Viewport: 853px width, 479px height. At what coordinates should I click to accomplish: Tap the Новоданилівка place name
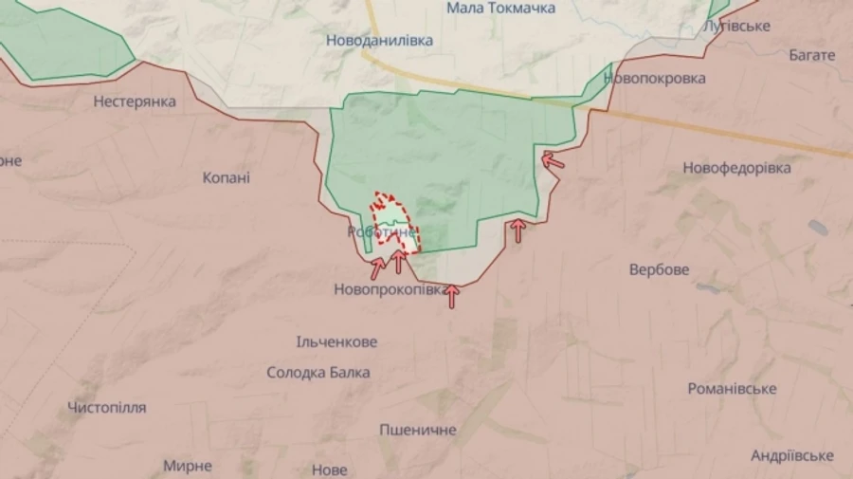coord(379,41)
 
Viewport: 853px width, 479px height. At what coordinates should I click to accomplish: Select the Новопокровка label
coord(654,79)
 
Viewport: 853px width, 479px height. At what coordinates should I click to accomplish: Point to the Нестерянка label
coord(135,101)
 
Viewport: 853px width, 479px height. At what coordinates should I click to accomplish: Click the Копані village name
coord(227,176)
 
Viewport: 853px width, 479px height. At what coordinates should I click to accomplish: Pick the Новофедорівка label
coord(736,168)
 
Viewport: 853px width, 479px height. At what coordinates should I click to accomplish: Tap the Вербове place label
coord(659,269)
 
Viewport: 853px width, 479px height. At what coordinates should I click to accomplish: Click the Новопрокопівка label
coord(389,289)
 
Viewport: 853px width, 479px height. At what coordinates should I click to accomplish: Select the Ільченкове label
coord(336,341)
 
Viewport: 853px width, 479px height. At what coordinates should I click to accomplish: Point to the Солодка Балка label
coord(318,373)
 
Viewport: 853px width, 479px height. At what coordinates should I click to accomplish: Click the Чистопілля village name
coord(107,408)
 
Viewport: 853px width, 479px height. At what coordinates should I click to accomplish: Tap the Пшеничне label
coord(417,430)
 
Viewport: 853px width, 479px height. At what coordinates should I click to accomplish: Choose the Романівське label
coord(732,389)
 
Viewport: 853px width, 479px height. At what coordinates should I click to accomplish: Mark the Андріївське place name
coord(791,455)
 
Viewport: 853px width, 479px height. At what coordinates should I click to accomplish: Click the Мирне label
coord(187,466)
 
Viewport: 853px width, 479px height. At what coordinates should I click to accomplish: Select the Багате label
coord(812,55)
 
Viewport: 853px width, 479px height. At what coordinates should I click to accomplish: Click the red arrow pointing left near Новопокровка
coord(553,160)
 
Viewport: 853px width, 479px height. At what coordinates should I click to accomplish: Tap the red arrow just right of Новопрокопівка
coord(452,297)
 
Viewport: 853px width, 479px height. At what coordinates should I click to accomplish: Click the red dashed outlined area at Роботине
coord(389,212)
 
